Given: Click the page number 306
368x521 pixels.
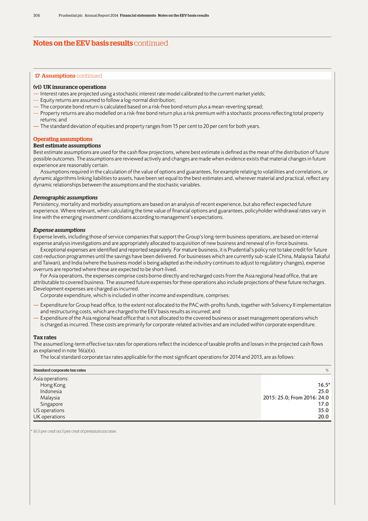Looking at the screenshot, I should tap(37, 15).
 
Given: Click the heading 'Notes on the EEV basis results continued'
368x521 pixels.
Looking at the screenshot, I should tap(100, 44).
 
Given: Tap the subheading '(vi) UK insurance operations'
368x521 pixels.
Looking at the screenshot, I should tap(70, 87).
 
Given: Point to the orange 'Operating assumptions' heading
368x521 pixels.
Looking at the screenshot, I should tap(63, 139).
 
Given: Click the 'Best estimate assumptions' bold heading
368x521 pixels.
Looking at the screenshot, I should tap(67, 146).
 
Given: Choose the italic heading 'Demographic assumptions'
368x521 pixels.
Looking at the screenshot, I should tap(65, 198).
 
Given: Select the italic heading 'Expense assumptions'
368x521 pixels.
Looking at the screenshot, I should tap(59, 230).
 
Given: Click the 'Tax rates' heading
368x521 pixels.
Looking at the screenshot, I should tap(44, 337).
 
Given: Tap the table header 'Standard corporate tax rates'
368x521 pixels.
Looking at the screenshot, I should tap(59, 370).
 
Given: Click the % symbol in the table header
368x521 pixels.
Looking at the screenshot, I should tap(327, 370).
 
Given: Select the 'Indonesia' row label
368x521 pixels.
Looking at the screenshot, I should tap(51, 392).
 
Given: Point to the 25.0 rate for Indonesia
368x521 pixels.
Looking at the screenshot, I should tap(323, 392).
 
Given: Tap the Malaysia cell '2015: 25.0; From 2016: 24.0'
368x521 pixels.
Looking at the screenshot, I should tap(295, 398).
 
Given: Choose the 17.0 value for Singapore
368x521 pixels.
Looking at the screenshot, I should tap(323, 404).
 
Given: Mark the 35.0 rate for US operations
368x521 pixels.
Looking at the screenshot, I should tap(323, 410).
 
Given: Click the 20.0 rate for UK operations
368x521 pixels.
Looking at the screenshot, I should tap(323, 417).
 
